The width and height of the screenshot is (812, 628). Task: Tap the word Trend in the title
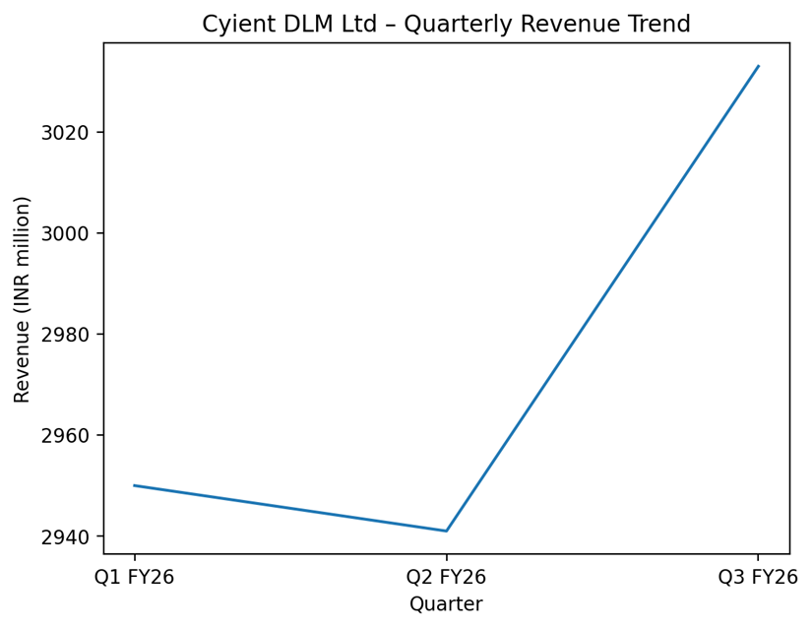click(659, 24)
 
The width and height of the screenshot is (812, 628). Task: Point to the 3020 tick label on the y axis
click(66, 133)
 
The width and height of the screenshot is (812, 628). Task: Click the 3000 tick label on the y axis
click(66, 233)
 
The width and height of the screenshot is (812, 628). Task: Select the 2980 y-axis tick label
click(66, 335)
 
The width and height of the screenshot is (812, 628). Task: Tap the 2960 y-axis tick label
click(66, 436)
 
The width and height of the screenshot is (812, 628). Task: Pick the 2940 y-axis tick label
click(66, 536)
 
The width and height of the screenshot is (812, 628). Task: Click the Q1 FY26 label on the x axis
click(135, 577)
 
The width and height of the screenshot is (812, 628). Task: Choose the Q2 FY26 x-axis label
click(446, 577)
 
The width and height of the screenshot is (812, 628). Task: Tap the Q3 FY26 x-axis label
click(758, 577)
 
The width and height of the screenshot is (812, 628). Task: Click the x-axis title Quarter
click(446, 604)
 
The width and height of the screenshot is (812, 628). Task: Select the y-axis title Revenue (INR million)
click(23, 298)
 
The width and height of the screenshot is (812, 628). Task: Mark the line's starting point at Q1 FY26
click(135, 485)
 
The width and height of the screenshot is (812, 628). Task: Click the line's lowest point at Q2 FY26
click(446, 531)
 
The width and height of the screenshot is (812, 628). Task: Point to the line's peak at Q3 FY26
click(758, 66)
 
